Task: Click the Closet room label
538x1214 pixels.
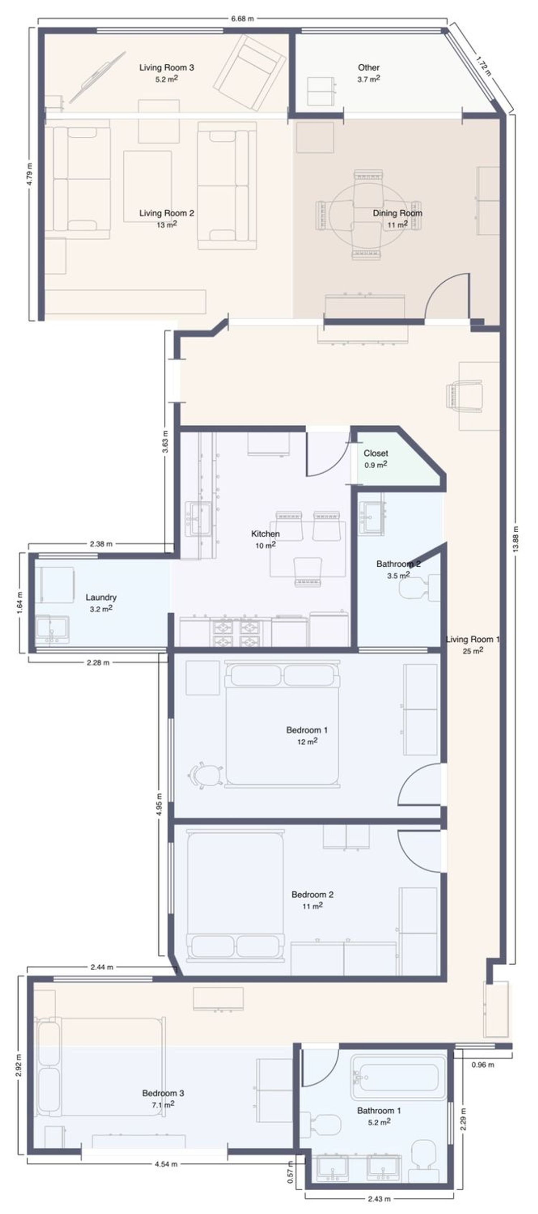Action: [376, 453]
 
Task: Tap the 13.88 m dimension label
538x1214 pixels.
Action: [515, 539]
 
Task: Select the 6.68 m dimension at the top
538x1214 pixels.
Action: [242, 19]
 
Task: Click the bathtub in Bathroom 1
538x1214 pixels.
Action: [398, 1077]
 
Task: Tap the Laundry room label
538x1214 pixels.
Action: [101, 597]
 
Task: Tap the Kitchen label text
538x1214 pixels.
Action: [265, 534]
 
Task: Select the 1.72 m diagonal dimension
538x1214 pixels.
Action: [482, 66]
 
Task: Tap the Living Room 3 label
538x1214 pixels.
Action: [166, 67]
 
